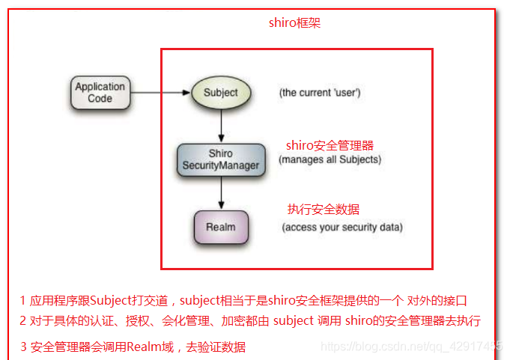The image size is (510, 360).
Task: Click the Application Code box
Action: click(100, 93)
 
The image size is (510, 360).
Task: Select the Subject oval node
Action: click(220, 93)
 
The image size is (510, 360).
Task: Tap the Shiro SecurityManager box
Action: click(221, 159)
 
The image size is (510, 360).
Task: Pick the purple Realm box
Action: click(221, 227)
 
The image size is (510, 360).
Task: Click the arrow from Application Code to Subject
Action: click(157, 93)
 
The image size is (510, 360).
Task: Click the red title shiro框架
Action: click(295, 23)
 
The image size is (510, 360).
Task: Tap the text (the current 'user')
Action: click(320, 93)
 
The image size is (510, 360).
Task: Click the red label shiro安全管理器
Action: click(330, 145)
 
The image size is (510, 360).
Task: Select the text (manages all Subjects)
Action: click(330, 159)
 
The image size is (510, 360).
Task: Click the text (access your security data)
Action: click(341, 228)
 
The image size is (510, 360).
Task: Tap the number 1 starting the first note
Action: click(23, 301)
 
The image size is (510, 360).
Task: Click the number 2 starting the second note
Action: click(23, 320)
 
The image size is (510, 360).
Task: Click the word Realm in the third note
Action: click(142, 347)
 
